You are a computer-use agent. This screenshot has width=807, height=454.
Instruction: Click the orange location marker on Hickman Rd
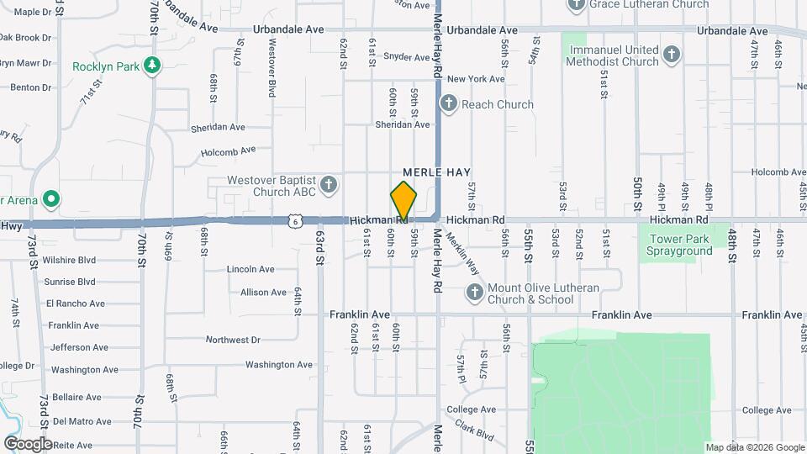pyautogui.click(x=403, y=202)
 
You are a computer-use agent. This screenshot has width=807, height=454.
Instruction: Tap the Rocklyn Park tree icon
pyautogui.click(x=152, y=66)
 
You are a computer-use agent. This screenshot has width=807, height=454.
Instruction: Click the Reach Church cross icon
pyautogui.click(x=449, y=104)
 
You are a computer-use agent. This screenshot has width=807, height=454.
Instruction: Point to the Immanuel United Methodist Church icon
pyautogui.click(x=671, y=55)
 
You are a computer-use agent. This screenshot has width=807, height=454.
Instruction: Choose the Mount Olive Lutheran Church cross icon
pyautogui.click(x=474, y=293)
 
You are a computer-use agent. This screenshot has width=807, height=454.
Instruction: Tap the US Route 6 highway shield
pyautogui.click(x=293, y=220)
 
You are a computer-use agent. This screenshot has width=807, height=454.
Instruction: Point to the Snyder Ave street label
pyautogui.click(x=407, y=57)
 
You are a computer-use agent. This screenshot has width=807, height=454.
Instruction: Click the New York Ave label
pyautogui.click(x=476, y=79)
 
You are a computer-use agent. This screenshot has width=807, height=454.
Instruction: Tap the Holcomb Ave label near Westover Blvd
pyautogui.click(x=228, y=152)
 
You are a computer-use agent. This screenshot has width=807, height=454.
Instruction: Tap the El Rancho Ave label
pyautogui.click(x=76, y=304)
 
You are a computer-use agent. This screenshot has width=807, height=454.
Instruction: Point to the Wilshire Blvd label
pyautogui.click(x=69, y=261)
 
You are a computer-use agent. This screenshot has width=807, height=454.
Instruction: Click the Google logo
pyautogui.click(x=28, y=443)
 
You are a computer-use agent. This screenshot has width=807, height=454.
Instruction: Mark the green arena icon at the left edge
pyautogui.click(x=51, y=200)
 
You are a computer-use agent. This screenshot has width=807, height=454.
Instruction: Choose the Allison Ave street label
pyautogui.click(x=263, y=293)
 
